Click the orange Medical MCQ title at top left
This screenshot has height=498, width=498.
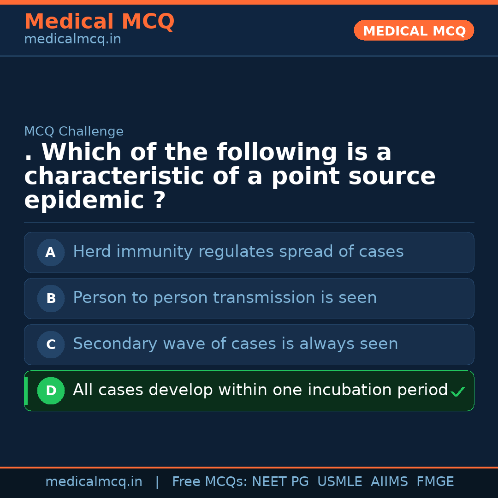point(99,22)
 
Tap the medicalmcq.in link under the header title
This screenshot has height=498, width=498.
point(72,40)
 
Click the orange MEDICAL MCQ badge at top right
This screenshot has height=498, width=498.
point(414,31)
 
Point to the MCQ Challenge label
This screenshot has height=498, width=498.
point(74,132)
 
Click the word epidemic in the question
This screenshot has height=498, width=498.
point(84,201)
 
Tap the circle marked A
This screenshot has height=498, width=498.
point(51,253)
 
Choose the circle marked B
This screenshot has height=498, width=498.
point(51,299)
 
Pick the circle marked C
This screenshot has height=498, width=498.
point(51,345)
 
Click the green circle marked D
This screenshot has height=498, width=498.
point(51,391)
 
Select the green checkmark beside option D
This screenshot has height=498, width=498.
point(457,392)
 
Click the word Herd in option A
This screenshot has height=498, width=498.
point(90,252)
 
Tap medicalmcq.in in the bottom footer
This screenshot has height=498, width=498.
point(94,482)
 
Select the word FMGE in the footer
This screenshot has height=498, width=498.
point(435,482)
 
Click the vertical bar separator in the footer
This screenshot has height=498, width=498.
point(157,482)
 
